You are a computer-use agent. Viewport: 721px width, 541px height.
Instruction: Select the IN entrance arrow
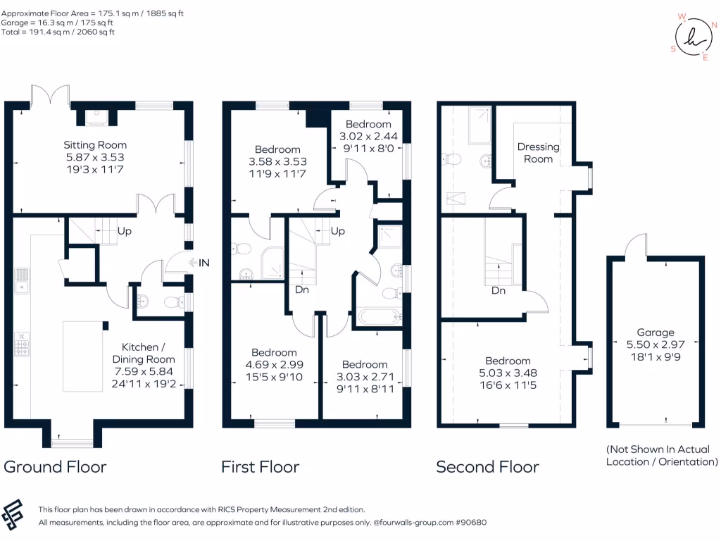(x=199, y=263)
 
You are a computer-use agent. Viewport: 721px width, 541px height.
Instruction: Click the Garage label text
(x=656, y=332)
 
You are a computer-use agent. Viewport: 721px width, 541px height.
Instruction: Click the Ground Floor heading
(x=56, y=466)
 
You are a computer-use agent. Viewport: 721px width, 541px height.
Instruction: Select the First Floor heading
(x=260, y=466)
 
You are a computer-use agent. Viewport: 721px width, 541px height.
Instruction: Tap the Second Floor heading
(x=487, y=466)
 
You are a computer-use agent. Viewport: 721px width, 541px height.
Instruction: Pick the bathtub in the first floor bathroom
(x=379, y=316)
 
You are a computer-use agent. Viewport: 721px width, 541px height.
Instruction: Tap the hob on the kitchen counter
(x=22, y=343)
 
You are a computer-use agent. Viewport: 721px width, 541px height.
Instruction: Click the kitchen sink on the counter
(x=22, y=280)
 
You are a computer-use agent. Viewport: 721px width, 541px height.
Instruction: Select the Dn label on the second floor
(x=498, y=290)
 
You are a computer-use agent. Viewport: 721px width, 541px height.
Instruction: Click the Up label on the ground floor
(x=124, y=231)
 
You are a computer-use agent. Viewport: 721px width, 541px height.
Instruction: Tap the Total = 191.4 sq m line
(x=59, y=32)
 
